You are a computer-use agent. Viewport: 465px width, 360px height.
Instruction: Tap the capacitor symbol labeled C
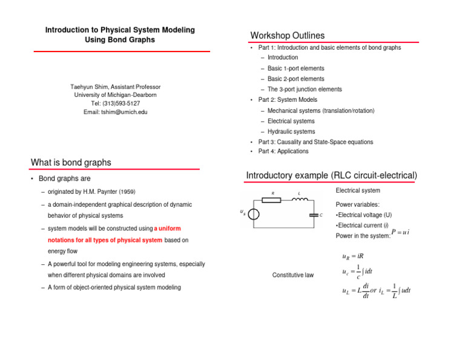314,215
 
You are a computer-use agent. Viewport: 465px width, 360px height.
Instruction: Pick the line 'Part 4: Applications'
283,152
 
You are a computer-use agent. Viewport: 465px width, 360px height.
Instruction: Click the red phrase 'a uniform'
167,228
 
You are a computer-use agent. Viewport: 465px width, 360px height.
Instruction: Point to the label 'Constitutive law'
293,275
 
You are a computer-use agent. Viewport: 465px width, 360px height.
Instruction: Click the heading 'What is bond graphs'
70,162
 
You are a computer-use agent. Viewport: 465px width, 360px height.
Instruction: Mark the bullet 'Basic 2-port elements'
295,79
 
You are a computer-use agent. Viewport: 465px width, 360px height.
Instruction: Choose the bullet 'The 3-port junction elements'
305,89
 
